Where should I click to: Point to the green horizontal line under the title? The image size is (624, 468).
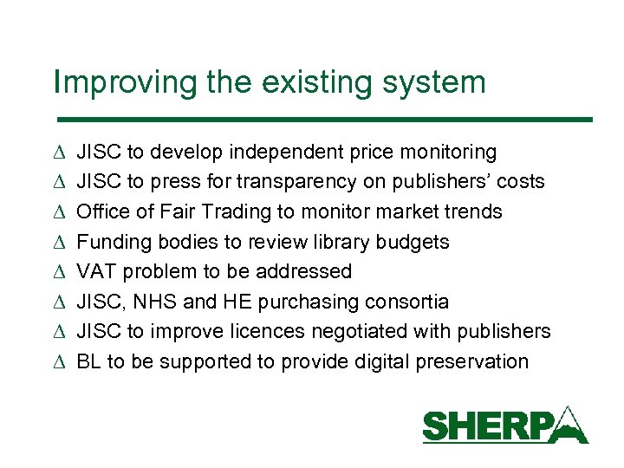pos(322,119)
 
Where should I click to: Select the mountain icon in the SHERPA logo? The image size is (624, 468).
pos(568,424)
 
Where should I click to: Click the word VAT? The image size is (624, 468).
pos(97,271)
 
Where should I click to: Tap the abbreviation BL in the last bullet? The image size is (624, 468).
pos(88,361)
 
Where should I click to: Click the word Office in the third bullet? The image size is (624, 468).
pos(102,211)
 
